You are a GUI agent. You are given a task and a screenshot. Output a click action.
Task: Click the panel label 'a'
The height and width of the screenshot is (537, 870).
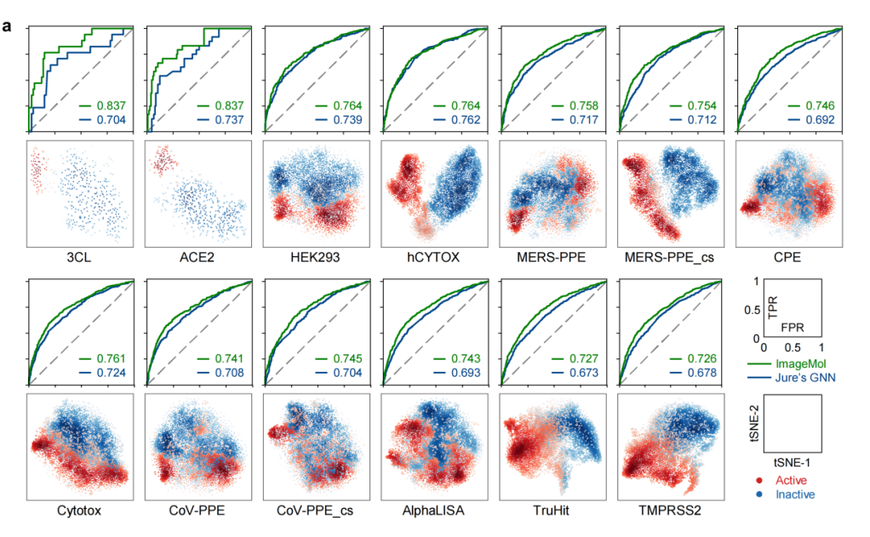tap(8, 26)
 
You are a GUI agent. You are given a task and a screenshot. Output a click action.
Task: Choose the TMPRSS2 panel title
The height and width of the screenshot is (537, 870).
tap(670, 514)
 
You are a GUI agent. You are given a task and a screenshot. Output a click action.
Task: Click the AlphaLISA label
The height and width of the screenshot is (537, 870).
tap(433, 514)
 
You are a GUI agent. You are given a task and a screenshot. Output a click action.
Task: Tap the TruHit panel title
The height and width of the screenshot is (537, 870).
tap(552, 514)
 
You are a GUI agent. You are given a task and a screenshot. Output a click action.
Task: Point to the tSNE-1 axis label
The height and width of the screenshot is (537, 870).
tap(791, 465)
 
